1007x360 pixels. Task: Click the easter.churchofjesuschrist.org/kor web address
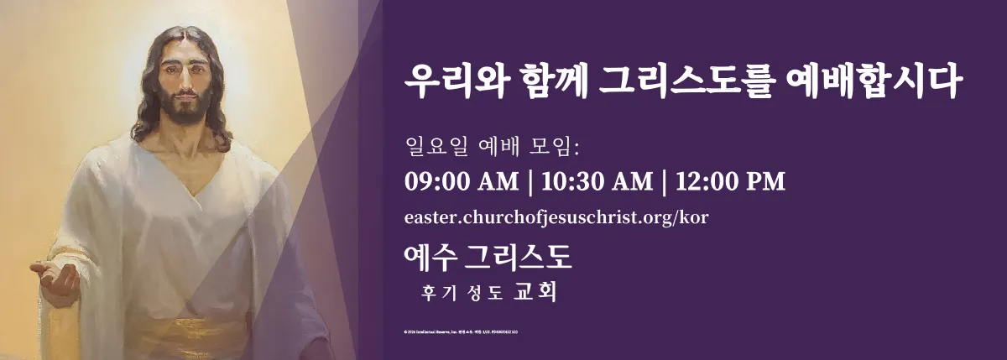point(556,217)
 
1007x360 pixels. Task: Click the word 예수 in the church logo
point(430,257)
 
